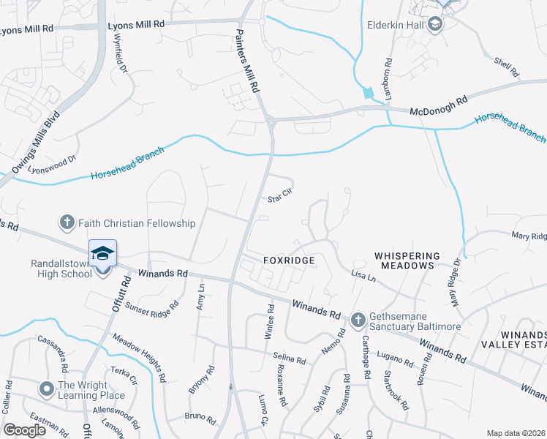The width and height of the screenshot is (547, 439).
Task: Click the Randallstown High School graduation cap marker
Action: pyautogui.click(x=102, y=253)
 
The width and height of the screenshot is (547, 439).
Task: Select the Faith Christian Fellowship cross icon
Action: pyautogui.click(x=67, y=222)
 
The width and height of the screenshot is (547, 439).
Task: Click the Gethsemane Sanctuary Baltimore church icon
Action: pyautogui.click(x=358, y=319)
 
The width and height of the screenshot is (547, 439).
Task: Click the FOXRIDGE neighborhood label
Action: pyautogui.click(x=289, y=260)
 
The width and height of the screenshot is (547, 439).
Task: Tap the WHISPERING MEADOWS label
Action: pyautogui.click(x=407, y=260)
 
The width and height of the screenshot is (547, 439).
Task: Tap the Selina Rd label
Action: pyautogui.click(x=289, y=359)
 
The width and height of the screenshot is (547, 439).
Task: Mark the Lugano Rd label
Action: pyautogui.click(x=396, y=356)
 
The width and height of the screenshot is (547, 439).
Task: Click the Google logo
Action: pyautogui.click(x=24, y=430)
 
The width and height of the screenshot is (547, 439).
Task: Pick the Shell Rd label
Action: pyautogui.click(x=505, y=68)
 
